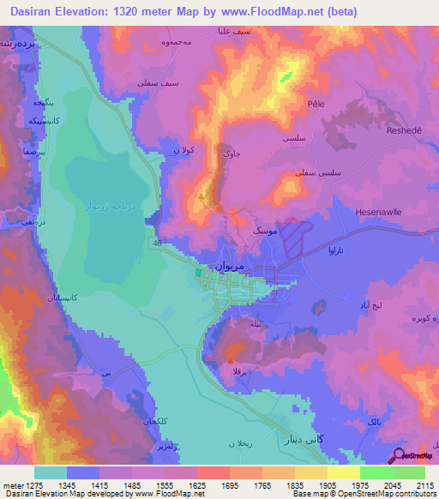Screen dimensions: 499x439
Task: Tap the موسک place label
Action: tap(264, 231)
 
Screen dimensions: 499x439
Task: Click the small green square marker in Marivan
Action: tap(198, 274)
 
